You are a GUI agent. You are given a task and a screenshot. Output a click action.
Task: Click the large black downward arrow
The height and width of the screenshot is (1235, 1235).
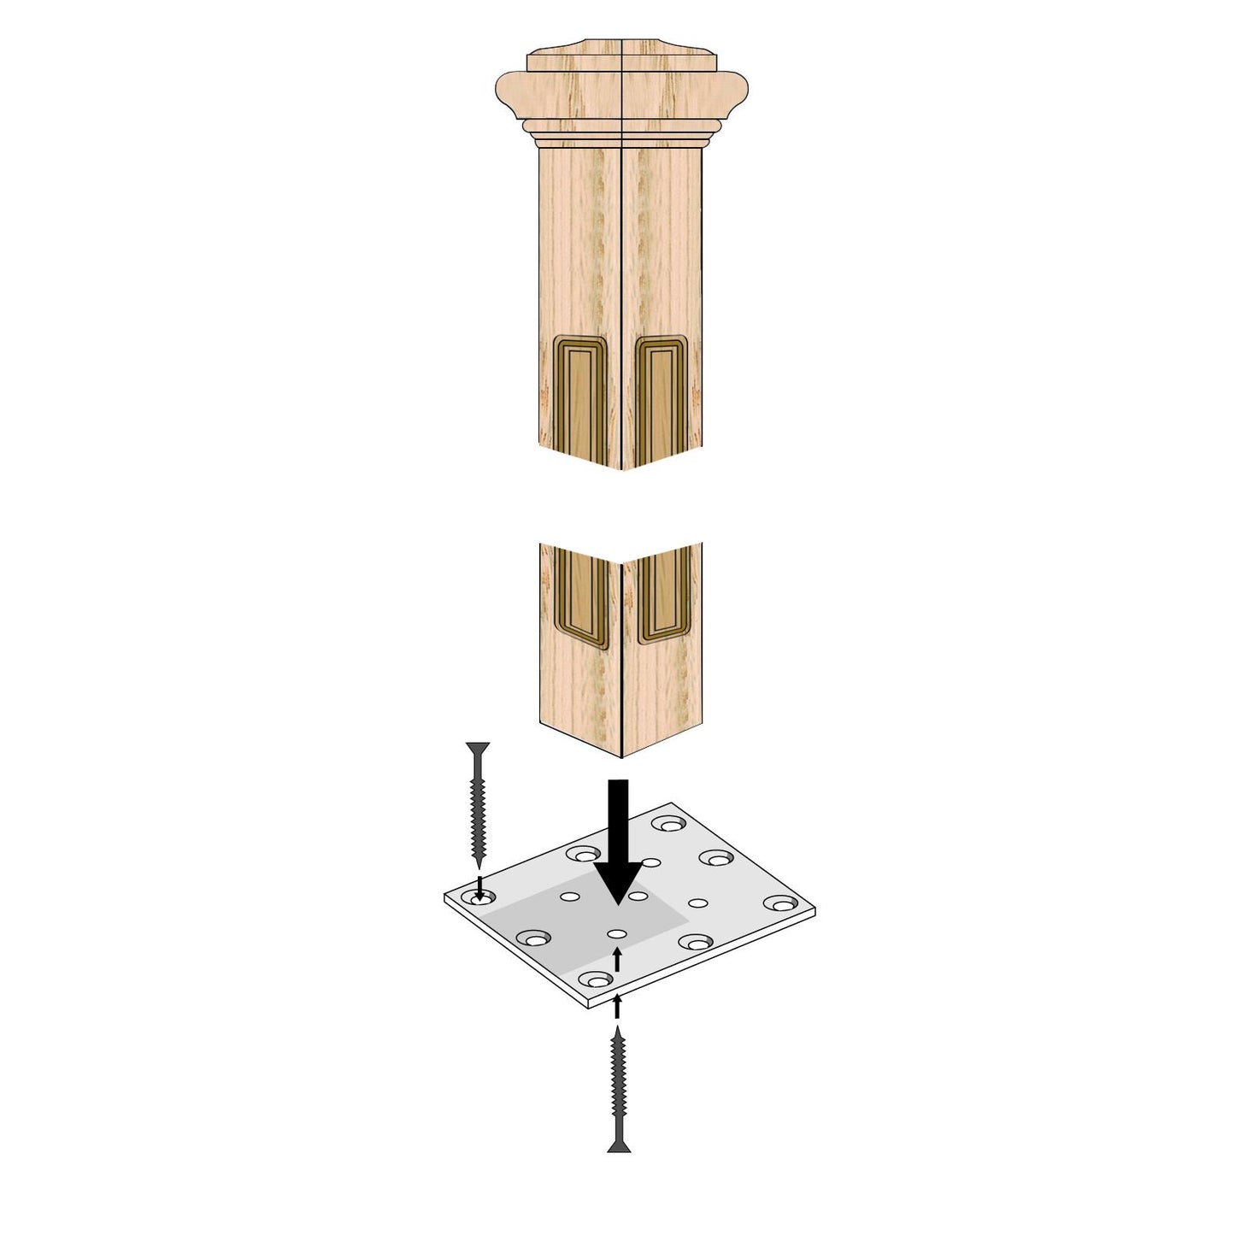[618, 842]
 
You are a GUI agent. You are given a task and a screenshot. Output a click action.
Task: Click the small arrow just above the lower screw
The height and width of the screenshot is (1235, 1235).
[617, 1007]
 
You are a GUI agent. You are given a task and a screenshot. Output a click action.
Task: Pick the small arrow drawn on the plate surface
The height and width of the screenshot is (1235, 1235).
[617, 959]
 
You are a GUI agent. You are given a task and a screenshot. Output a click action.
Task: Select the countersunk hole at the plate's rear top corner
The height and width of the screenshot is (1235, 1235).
[668, 824]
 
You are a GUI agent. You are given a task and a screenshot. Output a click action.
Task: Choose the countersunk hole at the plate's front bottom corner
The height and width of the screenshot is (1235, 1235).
[595, 979]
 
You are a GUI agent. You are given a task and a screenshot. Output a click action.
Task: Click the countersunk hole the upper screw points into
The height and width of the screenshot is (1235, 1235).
[481, 898]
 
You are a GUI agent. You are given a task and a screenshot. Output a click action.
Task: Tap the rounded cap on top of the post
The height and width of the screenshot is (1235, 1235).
[621, 85]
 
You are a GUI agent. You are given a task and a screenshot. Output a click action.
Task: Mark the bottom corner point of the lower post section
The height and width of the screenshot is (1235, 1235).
[621, 756]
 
